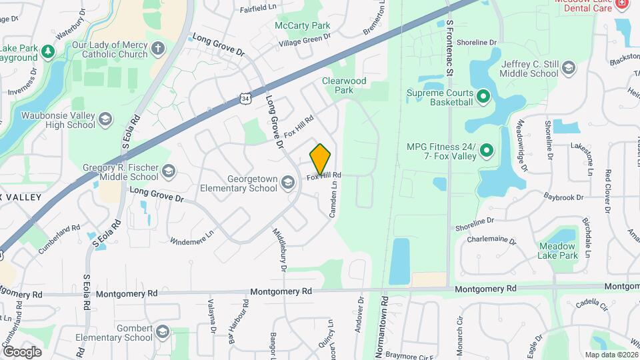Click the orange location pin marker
coord(321,159)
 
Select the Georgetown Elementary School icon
coord(288,183)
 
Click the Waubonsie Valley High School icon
coord(105,119)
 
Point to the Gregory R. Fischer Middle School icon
coord(169,172)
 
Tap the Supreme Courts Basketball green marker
coord(483,97)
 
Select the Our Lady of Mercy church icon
coord(157,49)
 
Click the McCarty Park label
coord(303,26)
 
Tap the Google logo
coord(22,351)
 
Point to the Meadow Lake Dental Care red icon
coord(622,3)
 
